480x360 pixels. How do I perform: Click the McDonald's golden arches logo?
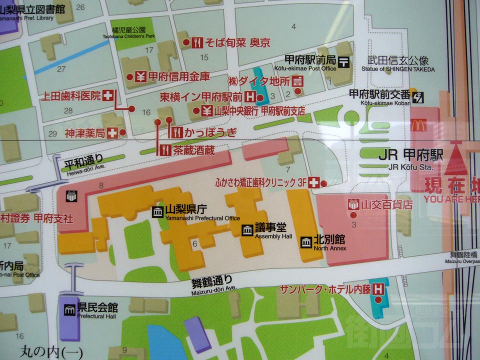click(419, 125)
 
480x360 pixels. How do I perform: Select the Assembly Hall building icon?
click(247, 230)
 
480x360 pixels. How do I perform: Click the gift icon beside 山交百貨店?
click(353, 204)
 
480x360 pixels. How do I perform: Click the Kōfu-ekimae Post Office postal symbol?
click(344, 61)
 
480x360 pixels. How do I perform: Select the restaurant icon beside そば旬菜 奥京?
click(197, 43)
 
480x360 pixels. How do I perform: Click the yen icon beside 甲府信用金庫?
click(140, 77)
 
